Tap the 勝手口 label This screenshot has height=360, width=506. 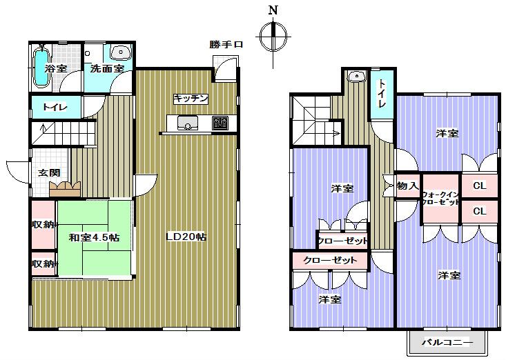pos(226,45)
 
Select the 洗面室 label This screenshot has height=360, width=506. pos(107,69)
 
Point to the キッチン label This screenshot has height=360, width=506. pos(191,99)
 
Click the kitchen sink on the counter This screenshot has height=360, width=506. pos(187,123)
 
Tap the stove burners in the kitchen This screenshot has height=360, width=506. pos(220,123)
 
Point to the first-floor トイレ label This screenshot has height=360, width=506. pos(55,107)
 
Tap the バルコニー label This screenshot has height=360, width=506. pos(447,342)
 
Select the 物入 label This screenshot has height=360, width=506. pos(407,186)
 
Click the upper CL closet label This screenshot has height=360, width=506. pos(479,186)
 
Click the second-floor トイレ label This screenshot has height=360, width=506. pos(382,93)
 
